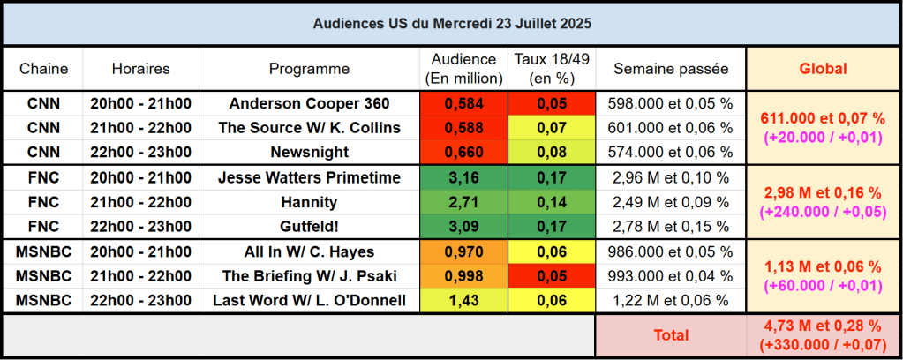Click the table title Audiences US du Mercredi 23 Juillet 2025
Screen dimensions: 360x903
click(452, 25)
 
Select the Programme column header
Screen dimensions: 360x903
click(309, 68)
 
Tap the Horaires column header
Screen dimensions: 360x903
click(141, 68)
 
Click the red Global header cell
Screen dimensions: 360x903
click(823, 68)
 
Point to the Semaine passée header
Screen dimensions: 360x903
click(671, 68)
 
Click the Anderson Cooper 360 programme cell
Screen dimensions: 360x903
click(309, 103)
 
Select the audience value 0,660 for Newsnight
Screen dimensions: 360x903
click(464, 152)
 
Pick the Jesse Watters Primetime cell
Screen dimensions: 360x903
click(309, 177)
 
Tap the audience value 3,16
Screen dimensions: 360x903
click(464, 177)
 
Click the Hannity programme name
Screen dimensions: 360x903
click(309, 202)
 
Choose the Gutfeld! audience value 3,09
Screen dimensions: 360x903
click(464, 227)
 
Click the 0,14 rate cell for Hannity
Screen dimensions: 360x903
click(553, 202)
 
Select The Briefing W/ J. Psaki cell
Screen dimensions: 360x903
click(309, 276)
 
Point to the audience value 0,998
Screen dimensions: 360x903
click(464, 276)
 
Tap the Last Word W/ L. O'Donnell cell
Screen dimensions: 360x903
click(309, 301)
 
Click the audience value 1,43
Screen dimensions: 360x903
click(464, 301)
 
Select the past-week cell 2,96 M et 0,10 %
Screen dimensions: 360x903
click(671, 177)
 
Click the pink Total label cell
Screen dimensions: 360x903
click(671, 335)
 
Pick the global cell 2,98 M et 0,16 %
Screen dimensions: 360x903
click(823, 192)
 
